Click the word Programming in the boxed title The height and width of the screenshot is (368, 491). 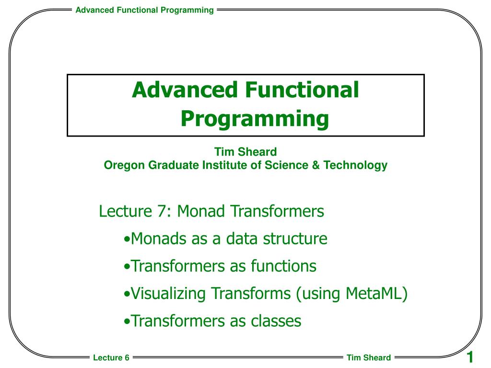(x=255, y=118)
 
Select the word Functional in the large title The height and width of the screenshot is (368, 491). (x=302, y=90)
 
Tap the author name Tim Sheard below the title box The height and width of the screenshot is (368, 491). (x=245, y=152)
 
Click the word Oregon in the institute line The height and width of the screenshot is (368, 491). (x=120, y=165)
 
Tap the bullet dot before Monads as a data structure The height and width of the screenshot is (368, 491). (x=126, y=239)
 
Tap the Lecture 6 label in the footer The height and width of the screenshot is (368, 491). (x=111, y=357)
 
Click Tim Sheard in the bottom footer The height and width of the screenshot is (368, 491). (x=368, y=357)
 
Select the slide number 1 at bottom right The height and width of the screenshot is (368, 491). (x=470, y=357)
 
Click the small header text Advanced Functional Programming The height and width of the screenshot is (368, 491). (x=144, y=10)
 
